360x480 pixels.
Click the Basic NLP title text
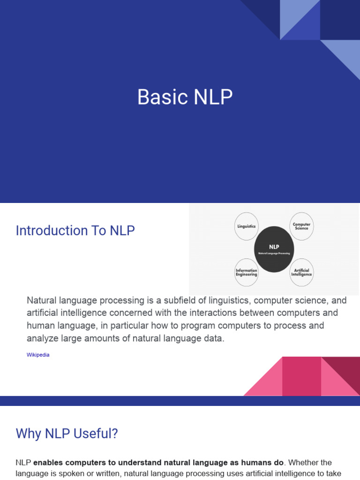tap(185, 97)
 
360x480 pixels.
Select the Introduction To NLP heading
tap(75, 231)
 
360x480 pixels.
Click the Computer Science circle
tap(301, 226)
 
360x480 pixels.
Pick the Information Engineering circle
tap(246, 272)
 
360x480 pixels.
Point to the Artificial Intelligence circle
tap(301, 272)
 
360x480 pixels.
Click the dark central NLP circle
tap(274, 249)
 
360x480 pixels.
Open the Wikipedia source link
tap(38, 355)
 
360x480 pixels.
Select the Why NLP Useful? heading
tap(67, 434)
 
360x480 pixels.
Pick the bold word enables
tap(50, 463)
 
